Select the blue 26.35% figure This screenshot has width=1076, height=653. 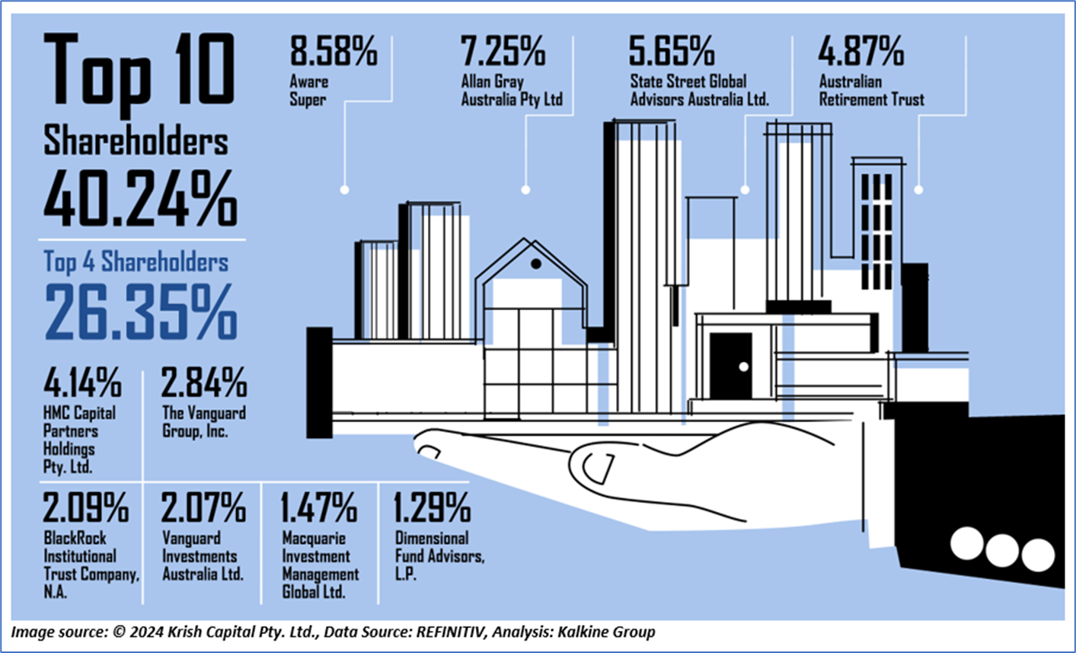point(140,312)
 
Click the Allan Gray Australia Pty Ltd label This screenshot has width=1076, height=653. point(511,90)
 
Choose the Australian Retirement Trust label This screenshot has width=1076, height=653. point(871,90)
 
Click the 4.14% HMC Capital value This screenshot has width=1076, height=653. point(82,383)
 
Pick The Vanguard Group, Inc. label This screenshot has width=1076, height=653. point(203,422)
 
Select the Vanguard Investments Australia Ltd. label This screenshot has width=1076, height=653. point(202,556)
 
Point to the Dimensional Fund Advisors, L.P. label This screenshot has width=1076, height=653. point(439,556)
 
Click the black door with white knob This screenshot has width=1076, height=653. point(730,367)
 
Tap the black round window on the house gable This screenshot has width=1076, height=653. point(536,264)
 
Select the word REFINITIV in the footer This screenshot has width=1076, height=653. point(477,632)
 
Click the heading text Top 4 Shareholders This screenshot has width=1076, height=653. point(136,263)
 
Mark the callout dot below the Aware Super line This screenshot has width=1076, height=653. point(344,189)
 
